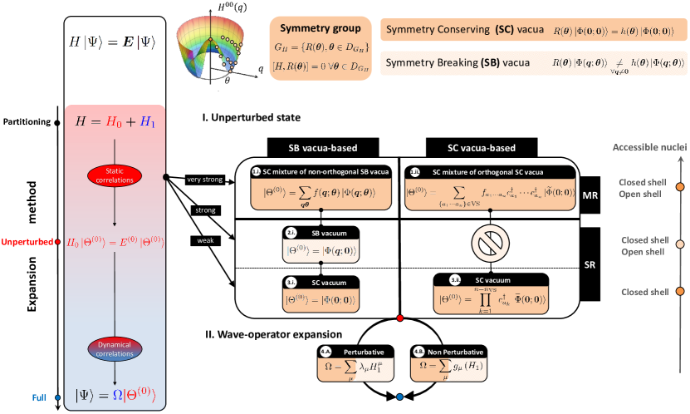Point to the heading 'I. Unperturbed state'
tap(252, 118)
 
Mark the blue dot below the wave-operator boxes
tap(400, 397)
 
